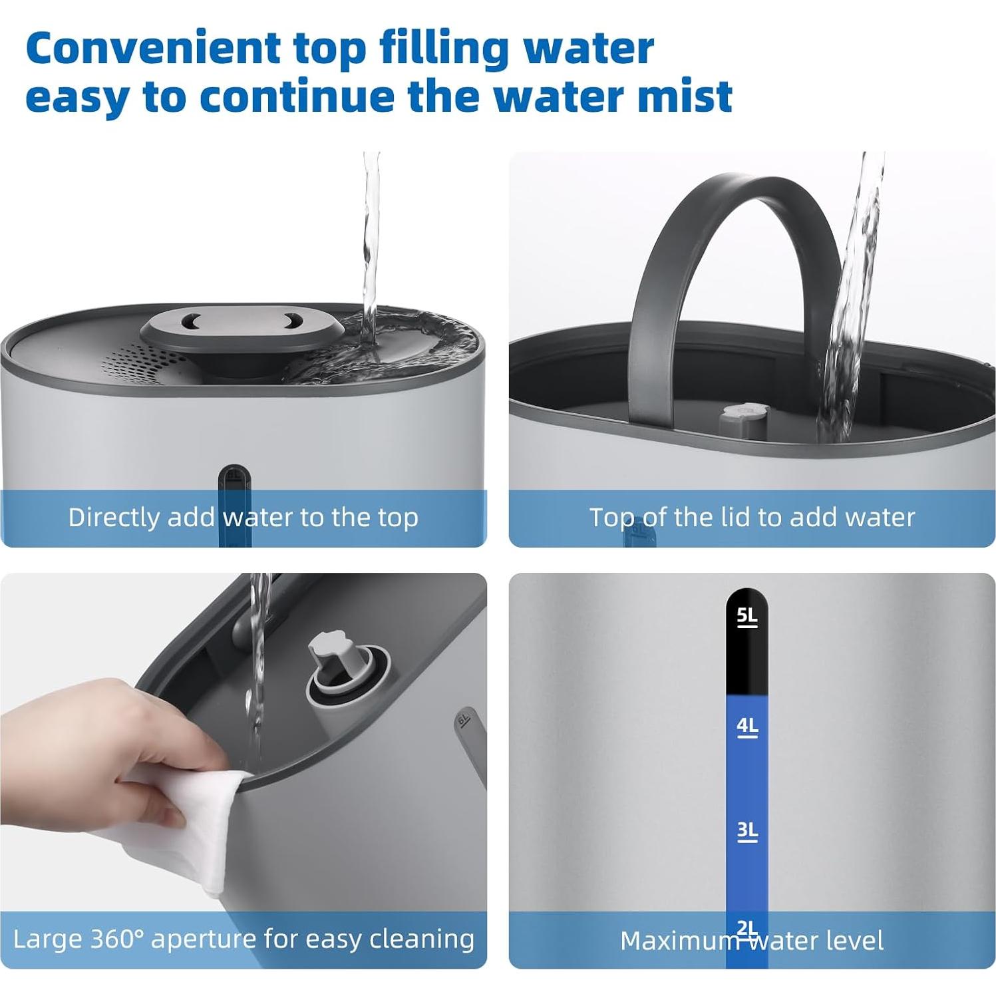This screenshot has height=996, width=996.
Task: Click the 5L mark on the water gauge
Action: pyautogui.click(x=747, y=616)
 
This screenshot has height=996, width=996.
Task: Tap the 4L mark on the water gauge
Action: pyautogui.click(x=747, y=725)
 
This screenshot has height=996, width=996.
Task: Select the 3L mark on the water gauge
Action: pyautogui.click(x=747, y=830)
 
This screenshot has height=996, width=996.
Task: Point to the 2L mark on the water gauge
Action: pyautogui.click(x=747, y=926)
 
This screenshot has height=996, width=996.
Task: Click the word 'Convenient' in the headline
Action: pyautogui.click(x=153, y=49)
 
